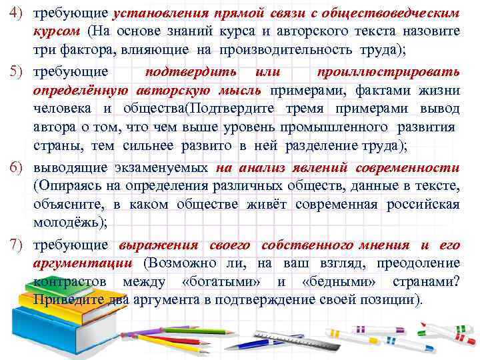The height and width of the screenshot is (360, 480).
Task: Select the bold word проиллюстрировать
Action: point(388,72)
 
